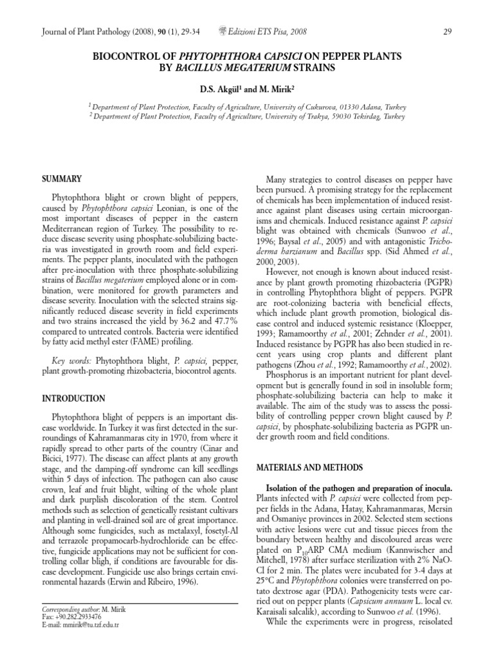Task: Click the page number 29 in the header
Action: tap(448, 32)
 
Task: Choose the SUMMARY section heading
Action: tap(62, 178)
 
